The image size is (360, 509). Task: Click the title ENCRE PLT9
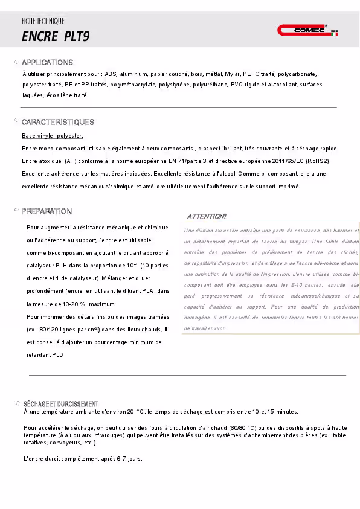click(x=56, y=36)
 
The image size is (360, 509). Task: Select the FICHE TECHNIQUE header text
click(x=43, y=21)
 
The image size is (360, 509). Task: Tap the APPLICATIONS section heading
click(x=47, y=63)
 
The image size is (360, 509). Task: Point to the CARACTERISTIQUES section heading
click(x=58, y=123)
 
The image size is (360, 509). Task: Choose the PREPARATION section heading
click(x=47, y=211)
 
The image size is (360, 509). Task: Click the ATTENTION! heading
click(x=207, y=216)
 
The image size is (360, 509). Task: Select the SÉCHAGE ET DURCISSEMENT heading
click(x=60, y=403)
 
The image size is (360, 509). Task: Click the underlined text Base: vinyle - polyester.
click(x=53, y=136)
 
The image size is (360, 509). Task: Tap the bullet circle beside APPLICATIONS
click(x=16, y=62)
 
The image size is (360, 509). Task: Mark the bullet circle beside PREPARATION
click(x=16, y=210)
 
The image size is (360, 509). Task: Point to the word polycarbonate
click(x=297, y=74)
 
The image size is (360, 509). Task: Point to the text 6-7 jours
click(x=127, y=459)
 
